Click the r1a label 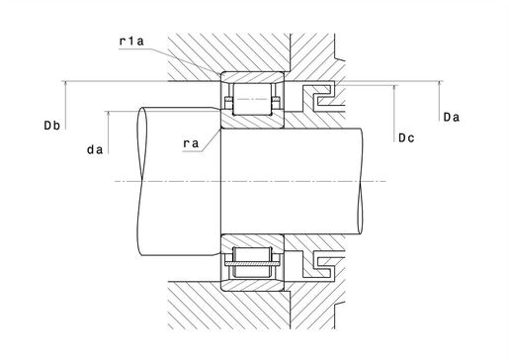click(131, 42)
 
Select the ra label click(191, 143)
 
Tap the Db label click(52, 126)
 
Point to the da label click(95, 150)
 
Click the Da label click(452, 117)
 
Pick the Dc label click(406, 137)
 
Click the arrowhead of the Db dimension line click(65, 84)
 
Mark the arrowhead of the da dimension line click(109, 114)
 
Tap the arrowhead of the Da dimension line click(439, 84)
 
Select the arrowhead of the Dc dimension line click(394, 88)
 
